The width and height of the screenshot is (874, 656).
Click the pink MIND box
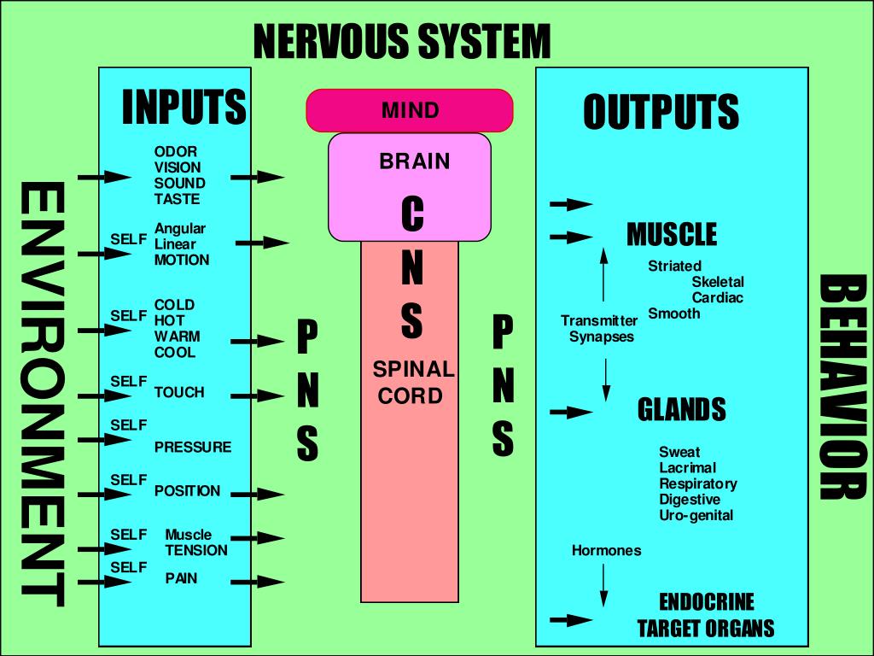click(410, 110)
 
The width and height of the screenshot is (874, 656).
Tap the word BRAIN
click(415, 161)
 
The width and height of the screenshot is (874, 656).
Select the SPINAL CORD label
click(413, 382)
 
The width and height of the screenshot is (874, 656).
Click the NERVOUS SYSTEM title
click(402, 41)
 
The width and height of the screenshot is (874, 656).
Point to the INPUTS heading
click(184, 107)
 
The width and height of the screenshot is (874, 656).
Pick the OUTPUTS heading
click(661, 112)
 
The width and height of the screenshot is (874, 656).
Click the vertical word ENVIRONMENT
click(43, 395)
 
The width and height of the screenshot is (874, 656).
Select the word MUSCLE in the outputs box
click(672, 234)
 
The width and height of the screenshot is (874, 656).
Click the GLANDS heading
click(682, 409)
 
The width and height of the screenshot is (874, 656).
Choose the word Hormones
click(607, 551)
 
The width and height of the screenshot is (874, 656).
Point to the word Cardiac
click(717, 297)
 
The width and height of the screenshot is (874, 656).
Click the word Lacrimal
click(687, 467)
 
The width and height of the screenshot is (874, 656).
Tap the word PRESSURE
click(193, 447)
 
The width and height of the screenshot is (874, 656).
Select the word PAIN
click(181, 578)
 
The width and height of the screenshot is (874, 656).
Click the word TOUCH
click(179, 392)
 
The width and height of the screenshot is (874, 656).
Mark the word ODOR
click(176, 151)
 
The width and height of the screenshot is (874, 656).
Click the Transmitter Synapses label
click(599, 329)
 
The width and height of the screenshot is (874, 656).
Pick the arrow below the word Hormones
click(603, 585)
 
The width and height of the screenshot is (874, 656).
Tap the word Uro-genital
click(696, 515)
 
